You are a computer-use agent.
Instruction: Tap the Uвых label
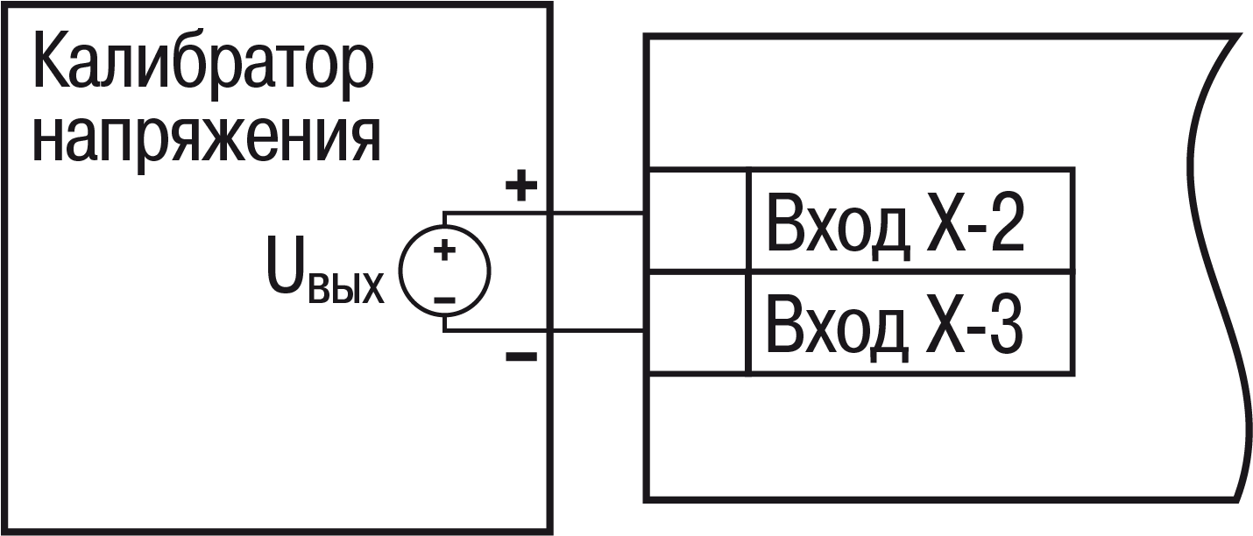coord(326,272)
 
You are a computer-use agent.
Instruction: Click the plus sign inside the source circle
coord(445,250)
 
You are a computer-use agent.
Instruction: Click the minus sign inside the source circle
coord(445,300)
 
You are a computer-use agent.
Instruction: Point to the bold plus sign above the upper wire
coord(521,185)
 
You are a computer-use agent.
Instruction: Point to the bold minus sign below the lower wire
coord(521,356)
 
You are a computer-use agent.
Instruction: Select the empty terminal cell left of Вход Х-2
coord(697,220)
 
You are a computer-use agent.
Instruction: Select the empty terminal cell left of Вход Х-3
coord(697,323)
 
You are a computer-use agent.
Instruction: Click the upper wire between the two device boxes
coord(598,213)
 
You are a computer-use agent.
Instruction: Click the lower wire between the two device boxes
coord(598,331)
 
